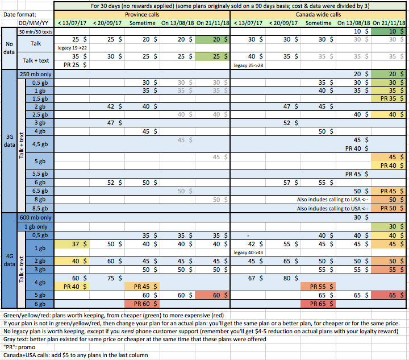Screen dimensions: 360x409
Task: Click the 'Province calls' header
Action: click(x=141, y=14)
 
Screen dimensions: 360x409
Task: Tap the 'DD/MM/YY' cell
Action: click(x=27, y=23)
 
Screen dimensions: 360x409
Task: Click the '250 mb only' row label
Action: click(x=36, y=74)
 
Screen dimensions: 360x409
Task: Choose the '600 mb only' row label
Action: click(x=36, y=217)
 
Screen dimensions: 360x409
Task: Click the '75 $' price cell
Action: click(x=108, y=278)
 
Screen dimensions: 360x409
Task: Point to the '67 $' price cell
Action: click(x=249, y=278)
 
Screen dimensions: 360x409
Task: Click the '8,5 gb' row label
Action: click(x=39, y=208)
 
